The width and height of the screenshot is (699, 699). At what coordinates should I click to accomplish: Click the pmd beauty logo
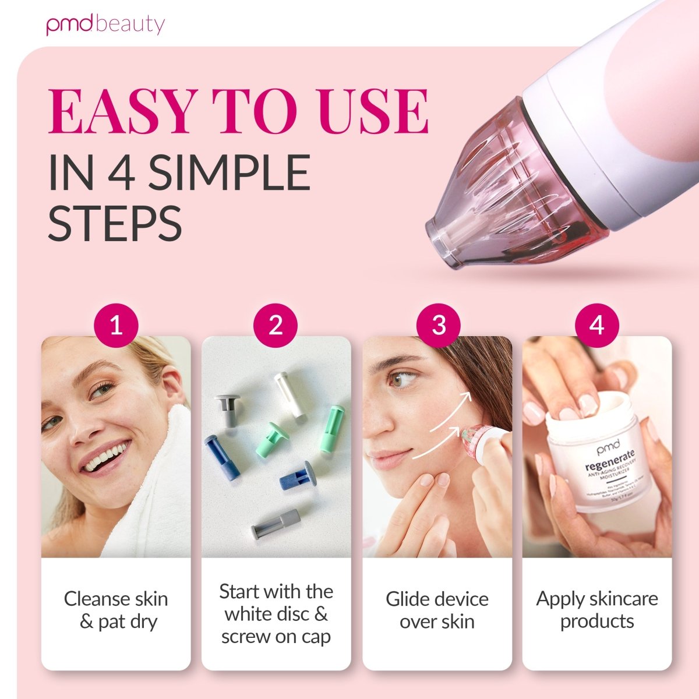105,24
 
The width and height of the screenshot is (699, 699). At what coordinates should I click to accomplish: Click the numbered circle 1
116,324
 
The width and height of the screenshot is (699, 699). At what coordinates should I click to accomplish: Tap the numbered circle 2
276,324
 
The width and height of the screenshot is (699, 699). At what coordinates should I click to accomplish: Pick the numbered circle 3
439,324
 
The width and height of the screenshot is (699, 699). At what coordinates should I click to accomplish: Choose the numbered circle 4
597,324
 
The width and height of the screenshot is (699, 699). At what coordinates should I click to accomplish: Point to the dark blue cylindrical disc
223,458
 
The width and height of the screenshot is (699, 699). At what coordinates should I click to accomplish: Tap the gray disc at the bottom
276,523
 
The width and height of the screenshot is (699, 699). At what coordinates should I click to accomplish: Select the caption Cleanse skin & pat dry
116,610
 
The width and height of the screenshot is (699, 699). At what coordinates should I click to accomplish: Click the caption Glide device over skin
437,610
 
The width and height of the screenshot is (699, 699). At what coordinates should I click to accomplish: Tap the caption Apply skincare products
597,610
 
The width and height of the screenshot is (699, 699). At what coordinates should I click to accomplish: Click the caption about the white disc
276,614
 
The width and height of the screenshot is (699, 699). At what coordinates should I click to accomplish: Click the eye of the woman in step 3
401,380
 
